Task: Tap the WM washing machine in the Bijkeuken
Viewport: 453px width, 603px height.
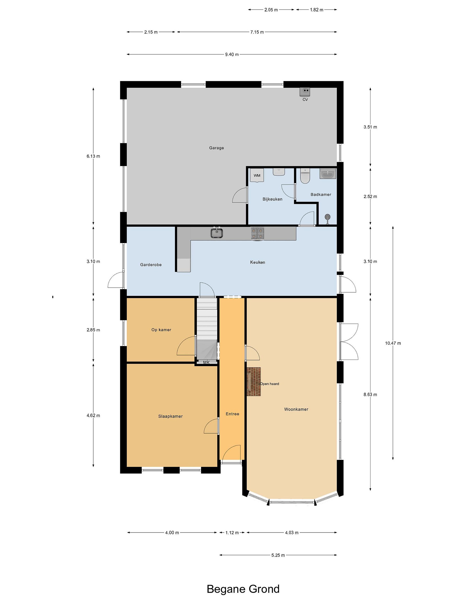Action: coord(257,175)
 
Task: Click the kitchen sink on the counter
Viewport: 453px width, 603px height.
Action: coord(216,233)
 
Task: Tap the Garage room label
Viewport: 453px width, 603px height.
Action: coord(216,148)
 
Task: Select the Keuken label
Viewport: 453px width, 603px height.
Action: coord(258,262)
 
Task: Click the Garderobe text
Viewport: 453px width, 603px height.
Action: coord(151,265)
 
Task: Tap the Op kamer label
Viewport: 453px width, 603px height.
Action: coord(161,330)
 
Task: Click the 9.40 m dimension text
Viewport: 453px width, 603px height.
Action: coord(232,54)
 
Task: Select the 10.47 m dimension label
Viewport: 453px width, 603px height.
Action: coord(393,343)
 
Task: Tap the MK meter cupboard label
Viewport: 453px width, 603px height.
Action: coord(206,363)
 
